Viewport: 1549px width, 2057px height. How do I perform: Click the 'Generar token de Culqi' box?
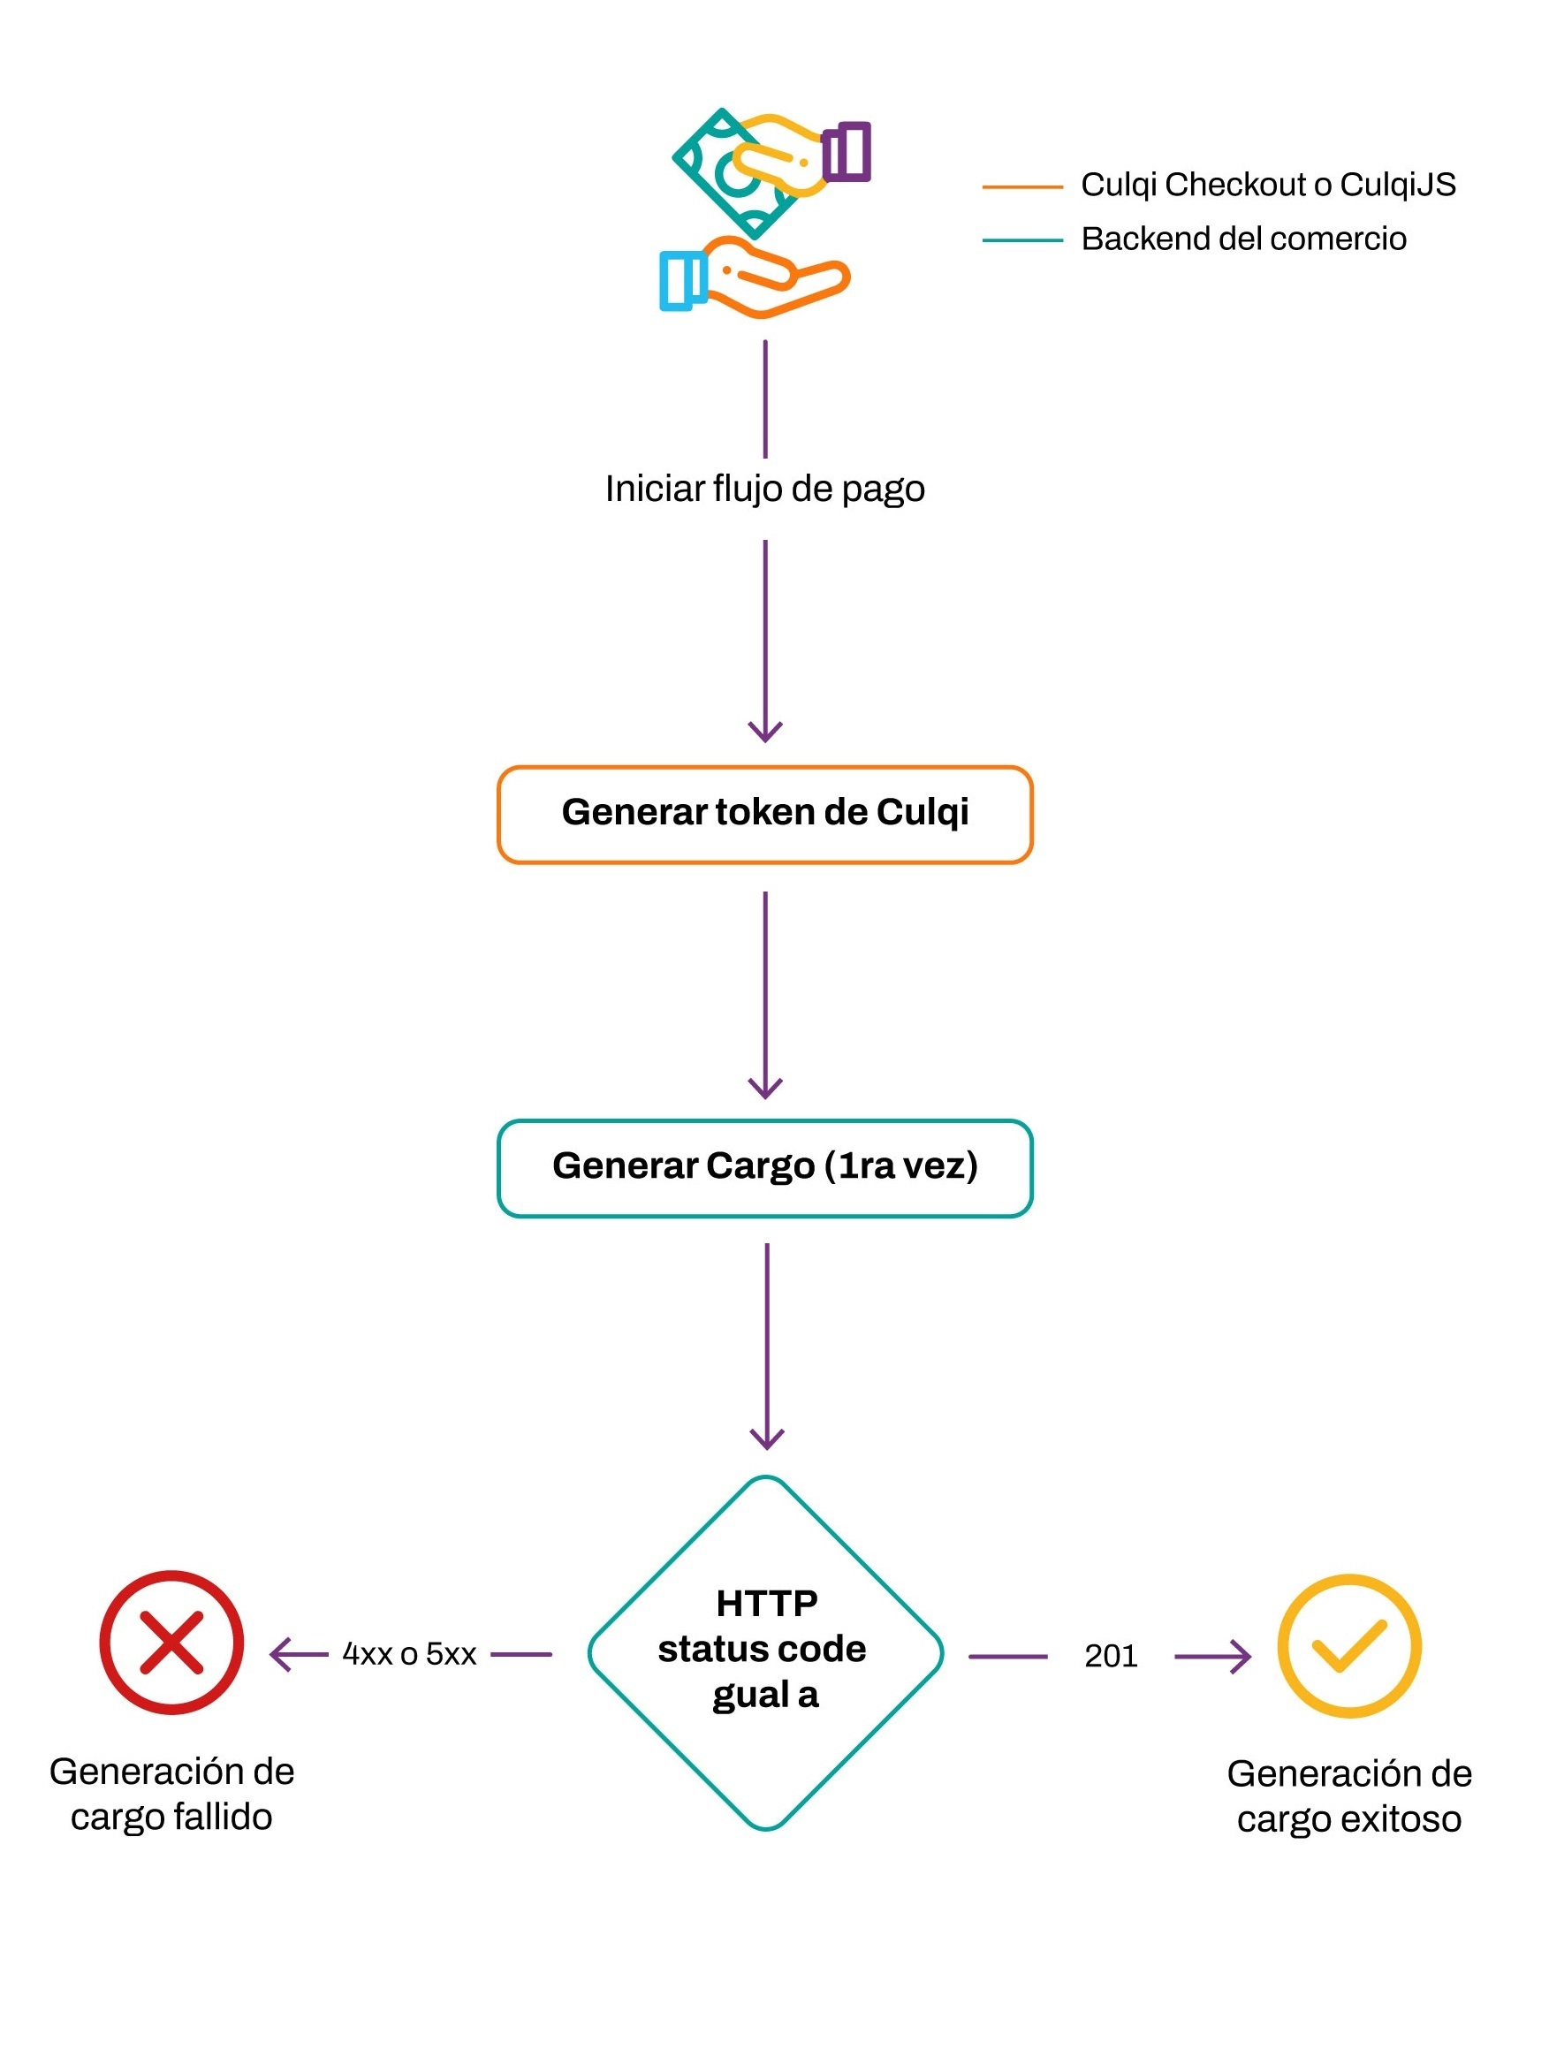[x=764, y=815]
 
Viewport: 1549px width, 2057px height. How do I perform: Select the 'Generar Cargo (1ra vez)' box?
[x=764, y=1168]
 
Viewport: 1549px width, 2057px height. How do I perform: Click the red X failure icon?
[x=172, y=1643]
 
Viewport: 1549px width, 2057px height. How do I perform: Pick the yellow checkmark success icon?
[x=1348, y=1645]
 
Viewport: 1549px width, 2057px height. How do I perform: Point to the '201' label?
[x=1110, y=1656]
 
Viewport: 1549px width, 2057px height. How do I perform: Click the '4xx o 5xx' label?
[x=409, y=1654]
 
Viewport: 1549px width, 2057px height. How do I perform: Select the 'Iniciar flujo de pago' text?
[x=764, y=490]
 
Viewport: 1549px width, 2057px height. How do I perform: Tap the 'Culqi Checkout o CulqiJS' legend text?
[x=1267, y=185]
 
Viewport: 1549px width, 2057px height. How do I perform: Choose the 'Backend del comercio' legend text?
[x=1243, y=239]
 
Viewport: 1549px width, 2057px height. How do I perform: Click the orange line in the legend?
[x=1021, y=187]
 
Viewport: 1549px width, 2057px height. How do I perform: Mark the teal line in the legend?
[x=1021, y=240]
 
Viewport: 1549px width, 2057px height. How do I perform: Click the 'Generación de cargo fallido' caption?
[x=172, y=1794]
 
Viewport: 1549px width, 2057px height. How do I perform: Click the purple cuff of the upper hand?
[x=847, y=152]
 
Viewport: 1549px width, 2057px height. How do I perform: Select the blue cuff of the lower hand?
[x=682, y=280]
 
